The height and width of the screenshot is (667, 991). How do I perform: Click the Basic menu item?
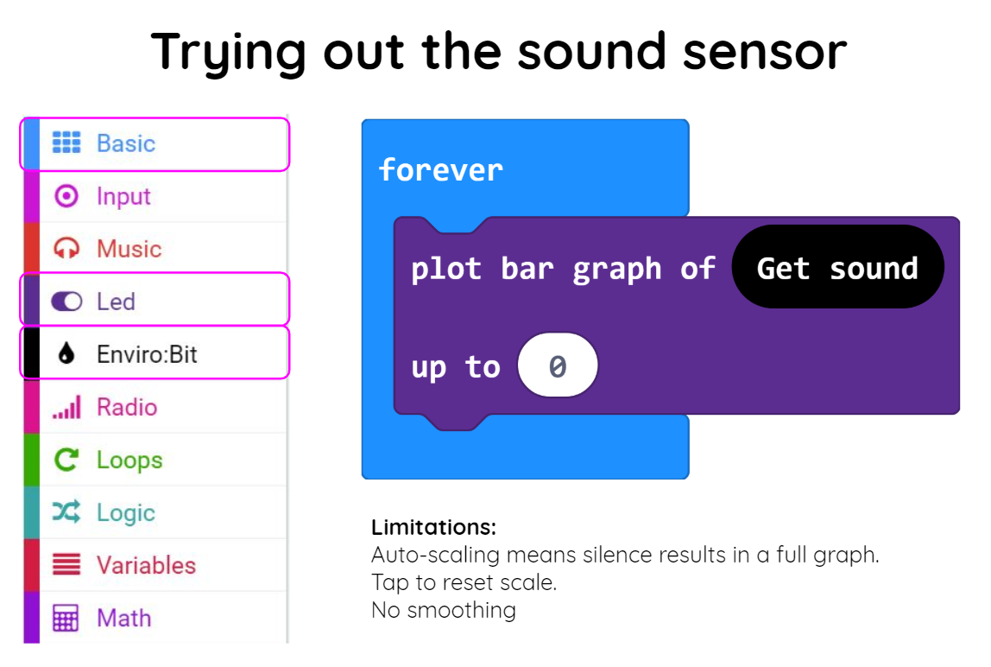155,143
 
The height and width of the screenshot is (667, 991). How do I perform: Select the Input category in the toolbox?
155,196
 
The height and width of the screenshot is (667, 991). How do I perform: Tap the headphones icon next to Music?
66,249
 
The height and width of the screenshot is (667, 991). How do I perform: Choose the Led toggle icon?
66,302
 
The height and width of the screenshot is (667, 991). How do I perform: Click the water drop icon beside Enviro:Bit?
66,353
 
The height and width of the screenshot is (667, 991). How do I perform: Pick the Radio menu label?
127,407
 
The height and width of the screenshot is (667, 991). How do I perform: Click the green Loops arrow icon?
66,460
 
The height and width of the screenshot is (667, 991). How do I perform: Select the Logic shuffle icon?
66,512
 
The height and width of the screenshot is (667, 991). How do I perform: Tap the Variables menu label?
146,565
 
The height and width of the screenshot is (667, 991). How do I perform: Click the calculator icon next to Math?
66,619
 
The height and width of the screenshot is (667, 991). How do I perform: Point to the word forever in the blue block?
441,170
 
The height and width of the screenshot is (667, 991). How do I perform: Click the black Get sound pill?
837,267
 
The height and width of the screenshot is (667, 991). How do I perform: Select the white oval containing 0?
558,365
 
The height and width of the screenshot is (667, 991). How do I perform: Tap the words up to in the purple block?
456,367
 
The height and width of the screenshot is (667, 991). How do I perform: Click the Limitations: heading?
433,527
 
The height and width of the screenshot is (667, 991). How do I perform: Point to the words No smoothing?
444,610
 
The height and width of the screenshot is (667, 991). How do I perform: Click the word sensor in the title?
765,53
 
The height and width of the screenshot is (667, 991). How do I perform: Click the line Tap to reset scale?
464,582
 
